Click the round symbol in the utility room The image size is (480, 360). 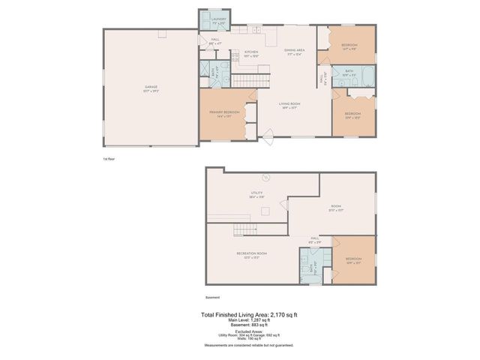point(265,177)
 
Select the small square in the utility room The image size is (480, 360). point(264,211)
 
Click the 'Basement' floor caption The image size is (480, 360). point(213,298)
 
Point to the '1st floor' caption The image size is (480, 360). point(109,159)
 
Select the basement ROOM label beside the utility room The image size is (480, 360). point(337,206)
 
